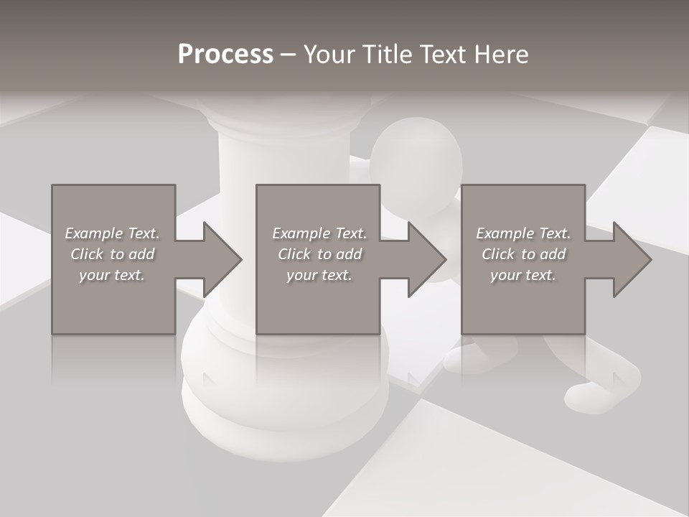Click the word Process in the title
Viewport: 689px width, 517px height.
tap(225, 55)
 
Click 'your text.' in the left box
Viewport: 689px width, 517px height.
tap(112, 275)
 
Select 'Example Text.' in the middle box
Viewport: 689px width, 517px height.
tap(319, 233)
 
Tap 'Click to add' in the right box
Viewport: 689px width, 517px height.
tap(524, 254)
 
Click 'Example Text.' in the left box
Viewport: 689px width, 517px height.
tap(112, 233)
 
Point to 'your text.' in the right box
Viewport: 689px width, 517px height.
tap(523, 275)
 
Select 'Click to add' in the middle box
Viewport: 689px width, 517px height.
tap(319, 254)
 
